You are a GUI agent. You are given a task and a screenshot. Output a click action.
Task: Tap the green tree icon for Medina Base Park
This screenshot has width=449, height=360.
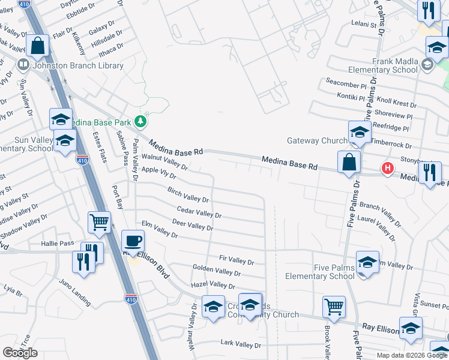tap(140, 121)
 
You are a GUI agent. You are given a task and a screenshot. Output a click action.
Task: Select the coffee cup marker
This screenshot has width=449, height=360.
tap(133, 241)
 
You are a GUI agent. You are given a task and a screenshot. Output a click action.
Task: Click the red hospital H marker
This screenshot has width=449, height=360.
tap(388, 169)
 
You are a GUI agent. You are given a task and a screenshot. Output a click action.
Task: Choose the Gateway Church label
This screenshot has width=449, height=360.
tap(317, 140)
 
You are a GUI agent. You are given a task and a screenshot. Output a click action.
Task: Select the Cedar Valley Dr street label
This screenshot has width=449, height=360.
tap(199, 212)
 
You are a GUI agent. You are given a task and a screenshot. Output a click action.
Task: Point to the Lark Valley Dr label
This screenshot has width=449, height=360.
tap(241, 344)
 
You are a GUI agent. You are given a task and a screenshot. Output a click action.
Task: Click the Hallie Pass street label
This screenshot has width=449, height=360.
tap(58, 243)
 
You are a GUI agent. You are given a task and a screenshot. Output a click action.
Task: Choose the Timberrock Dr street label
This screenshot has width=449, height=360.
tap(391, 145)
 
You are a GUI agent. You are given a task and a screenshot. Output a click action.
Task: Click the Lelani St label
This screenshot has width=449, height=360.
tap(364, 25)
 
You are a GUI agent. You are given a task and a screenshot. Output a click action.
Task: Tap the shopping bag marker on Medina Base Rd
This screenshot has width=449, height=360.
tap(349, 162)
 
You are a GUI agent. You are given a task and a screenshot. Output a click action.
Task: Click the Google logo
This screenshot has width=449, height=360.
tap(20, 353)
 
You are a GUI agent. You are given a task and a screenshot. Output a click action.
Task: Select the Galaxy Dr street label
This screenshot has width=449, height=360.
tap(101, 31)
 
